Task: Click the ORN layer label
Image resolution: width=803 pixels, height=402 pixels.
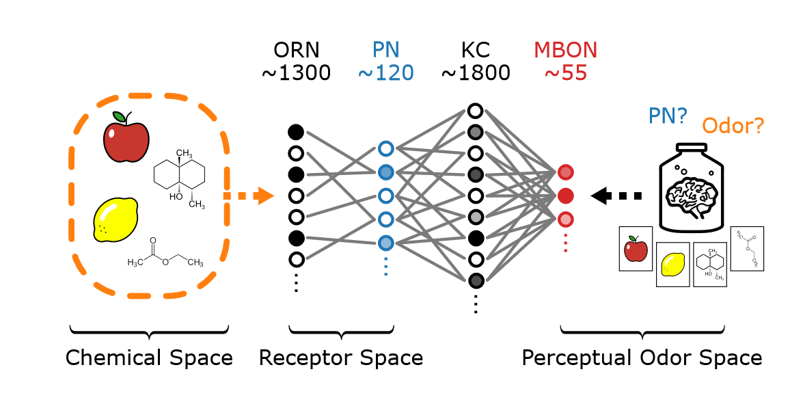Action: [296, 50]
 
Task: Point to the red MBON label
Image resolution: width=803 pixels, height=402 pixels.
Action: [565, 50]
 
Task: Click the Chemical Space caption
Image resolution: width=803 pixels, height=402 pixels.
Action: [149, 358]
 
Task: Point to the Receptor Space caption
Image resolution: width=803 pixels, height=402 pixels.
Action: [340, 358]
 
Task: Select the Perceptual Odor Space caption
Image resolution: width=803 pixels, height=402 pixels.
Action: [642, 358]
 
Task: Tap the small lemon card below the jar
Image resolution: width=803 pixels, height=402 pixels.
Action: [672, 264]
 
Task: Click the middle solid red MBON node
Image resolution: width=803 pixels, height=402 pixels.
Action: [565, 196]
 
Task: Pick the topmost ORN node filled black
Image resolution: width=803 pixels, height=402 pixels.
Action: [296, 131]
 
